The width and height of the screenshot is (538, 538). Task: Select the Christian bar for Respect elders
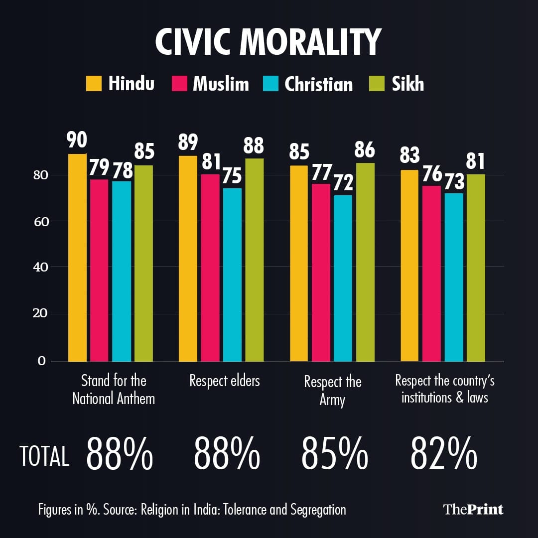click(232, 274)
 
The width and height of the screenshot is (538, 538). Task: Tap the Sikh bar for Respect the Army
click(365, 262)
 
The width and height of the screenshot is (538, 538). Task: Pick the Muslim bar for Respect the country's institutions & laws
click(431, 273)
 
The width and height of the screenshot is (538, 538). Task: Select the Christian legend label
click(318, 84)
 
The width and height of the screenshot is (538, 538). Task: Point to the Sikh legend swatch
click(377, 83)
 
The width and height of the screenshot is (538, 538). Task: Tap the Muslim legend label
click(221, 84)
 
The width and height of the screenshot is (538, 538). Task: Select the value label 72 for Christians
click(343, 183)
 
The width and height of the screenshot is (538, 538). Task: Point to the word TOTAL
click(44, 456)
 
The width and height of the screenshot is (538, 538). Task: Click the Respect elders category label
click(225, 381)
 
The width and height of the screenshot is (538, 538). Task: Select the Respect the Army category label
click(332, 390)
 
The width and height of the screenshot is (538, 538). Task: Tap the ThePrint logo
click(473, 509)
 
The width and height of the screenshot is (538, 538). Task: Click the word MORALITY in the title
click(310, 42)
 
